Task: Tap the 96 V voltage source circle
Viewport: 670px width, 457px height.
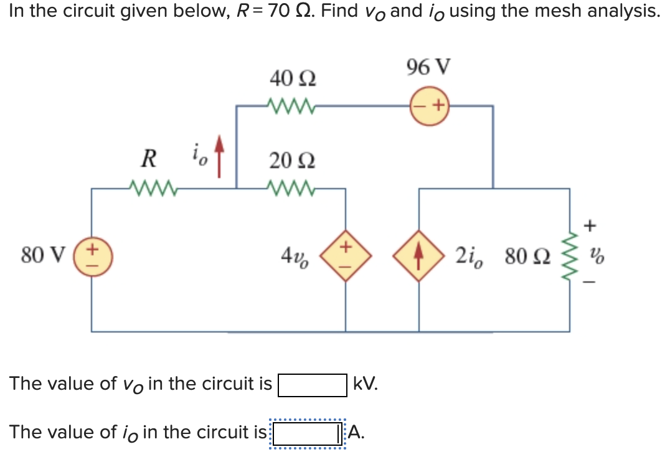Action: point(430,106)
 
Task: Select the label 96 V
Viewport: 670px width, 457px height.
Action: point(428,67)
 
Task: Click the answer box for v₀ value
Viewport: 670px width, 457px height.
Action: point(312,385)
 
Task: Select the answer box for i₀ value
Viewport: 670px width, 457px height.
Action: point(307,432)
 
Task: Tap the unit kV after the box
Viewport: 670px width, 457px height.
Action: point(365,384)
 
